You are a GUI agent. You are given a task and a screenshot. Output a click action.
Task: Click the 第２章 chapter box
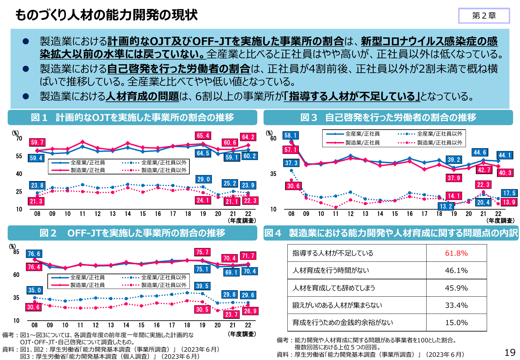(484, 16)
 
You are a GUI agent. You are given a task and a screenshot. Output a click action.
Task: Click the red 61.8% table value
(456, 253)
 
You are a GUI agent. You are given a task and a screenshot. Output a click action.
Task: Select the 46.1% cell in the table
(456, 270)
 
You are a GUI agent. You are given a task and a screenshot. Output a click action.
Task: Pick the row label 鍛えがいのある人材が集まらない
(337, 305)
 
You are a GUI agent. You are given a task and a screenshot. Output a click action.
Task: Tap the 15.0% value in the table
(456, 323)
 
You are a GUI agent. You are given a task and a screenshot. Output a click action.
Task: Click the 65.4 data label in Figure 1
(203, 136)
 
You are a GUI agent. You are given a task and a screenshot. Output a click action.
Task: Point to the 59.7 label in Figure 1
(37, 142)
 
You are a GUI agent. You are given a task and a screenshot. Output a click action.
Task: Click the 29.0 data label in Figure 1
(204, 180)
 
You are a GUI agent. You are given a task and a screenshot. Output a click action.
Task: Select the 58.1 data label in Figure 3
(291, 135)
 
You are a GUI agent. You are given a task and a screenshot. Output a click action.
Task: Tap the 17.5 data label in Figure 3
(509, 193)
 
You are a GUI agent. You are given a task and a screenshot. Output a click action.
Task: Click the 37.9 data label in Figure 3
(454, 178)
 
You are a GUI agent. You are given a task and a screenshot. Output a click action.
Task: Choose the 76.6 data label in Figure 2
(34, 254)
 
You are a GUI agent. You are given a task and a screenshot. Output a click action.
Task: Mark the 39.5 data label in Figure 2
(202, 286)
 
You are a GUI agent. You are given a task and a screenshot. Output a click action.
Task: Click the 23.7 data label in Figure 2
(231, 315)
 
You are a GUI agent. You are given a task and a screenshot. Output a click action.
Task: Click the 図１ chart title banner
(132, 117)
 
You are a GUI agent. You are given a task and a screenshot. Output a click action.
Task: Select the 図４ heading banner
(391, 233)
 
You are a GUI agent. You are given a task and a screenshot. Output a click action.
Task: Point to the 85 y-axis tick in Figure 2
(16, 252)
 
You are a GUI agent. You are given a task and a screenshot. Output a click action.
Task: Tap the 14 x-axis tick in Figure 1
(128, 214)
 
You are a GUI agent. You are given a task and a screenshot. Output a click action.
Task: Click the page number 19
(510, 352)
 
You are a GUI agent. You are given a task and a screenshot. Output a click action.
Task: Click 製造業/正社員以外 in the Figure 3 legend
(439, 143)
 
